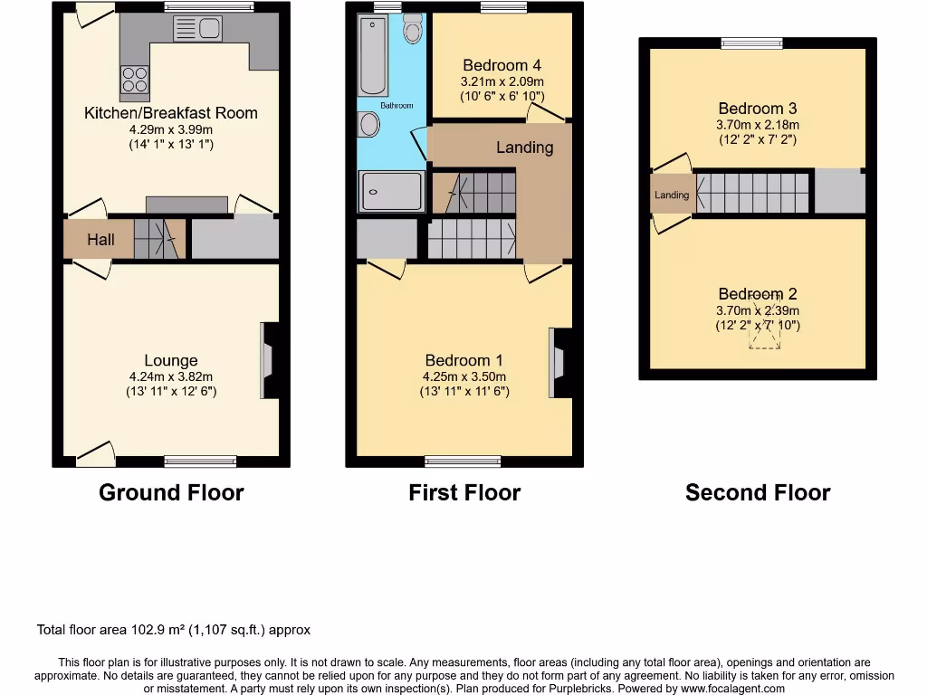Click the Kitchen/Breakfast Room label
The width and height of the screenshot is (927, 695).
170,113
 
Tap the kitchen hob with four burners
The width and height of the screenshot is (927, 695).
135,81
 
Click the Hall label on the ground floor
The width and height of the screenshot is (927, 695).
100,240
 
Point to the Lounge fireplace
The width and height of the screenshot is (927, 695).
269,359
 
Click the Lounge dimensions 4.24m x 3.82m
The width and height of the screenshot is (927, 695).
170,377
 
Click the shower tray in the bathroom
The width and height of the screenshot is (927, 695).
390,191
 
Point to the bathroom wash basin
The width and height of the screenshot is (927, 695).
368,125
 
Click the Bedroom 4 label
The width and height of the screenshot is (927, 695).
502,65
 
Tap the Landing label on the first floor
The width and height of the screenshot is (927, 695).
524,148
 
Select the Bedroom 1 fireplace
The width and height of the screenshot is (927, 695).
556,362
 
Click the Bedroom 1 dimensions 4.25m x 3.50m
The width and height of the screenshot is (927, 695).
463,377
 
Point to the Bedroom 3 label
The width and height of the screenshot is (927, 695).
758,109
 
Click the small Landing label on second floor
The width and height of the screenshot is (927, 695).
672,195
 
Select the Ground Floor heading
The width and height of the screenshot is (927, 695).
171,493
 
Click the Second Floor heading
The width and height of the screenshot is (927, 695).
758,493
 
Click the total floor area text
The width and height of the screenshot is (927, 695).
174,630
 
